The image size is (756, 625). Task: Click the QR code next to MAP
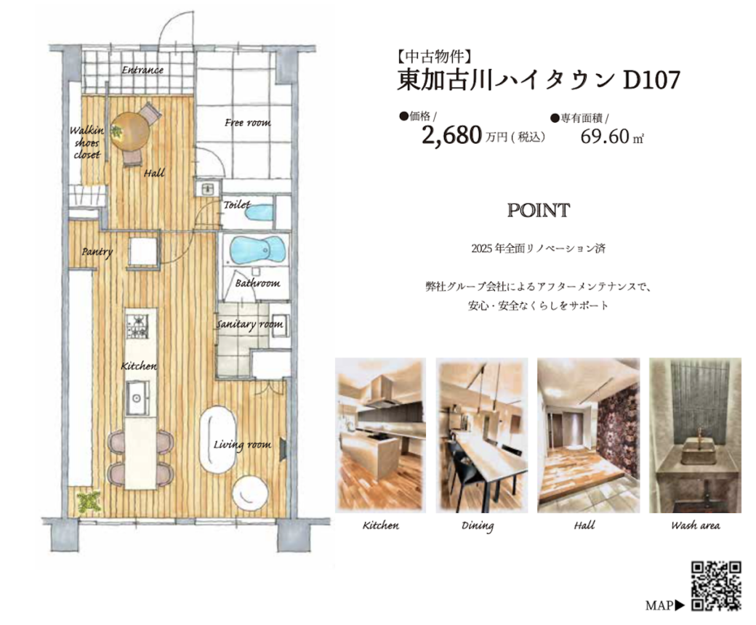716,586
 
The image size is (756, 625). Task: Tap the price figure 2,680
451,135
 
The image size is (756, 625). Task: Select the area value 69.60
605,137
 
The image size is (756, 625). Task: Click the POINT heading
539,210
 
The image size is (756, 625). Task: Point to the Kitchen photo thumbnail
380,435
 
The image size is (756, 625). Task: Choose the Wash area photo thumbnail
695,435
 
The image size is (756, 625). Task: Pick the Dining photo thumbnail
482,435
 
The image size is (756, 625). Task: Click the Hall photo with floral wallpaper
588,435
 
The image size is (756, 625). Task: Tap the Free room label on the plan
248,123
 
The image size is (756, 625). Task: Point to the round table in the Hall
131,132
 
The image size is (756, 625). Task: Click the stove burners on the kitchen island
137,326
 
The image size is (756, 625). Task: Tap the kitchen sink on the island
137,398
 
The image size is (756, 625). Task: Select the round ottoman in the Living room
250,491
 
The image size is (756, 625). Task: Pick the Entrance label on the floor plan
142,70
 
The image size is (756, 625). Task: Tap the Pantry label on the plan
97,252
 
